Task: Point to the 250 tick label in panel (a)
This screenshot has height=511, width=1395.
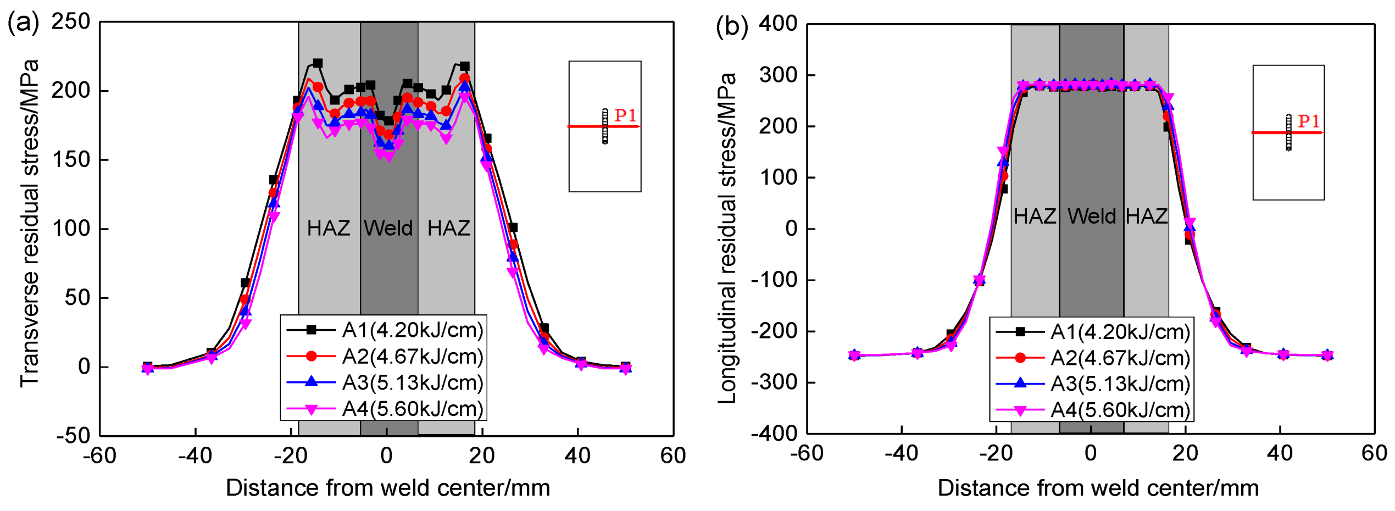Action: point(70,22)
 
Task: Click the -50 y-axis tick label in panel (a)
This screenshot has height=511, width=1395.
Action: point(73,436)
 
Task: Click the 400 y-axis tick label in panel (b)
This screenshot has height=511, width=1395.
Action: point(778,24)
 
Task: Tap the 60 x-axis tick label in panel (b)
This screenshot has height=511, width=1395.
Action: point(1374,453)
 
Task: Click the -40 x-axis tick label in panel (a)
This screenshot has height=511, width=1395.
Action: point(195,456)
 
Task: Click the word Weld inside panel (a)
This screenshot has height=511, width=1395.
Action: point(388,228)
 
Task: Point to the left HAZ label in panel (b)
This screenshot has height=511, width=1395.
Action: point(1035,216)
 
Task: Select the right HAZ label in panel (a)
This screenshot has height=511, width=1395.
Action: point(448,228)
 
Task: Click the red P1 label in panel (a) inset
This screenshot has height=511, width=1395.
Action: point(625,115)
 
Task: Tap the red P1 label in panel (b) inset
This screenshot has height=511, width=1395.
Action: point(1308,121)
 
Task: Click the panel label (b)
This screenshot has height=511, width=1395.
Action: point(731,26)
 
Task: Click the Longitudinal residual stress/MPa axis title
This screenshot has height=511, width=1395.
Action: point(727,237)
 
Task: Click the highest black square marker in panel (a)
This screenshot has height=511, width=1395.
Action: point(318,63)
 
